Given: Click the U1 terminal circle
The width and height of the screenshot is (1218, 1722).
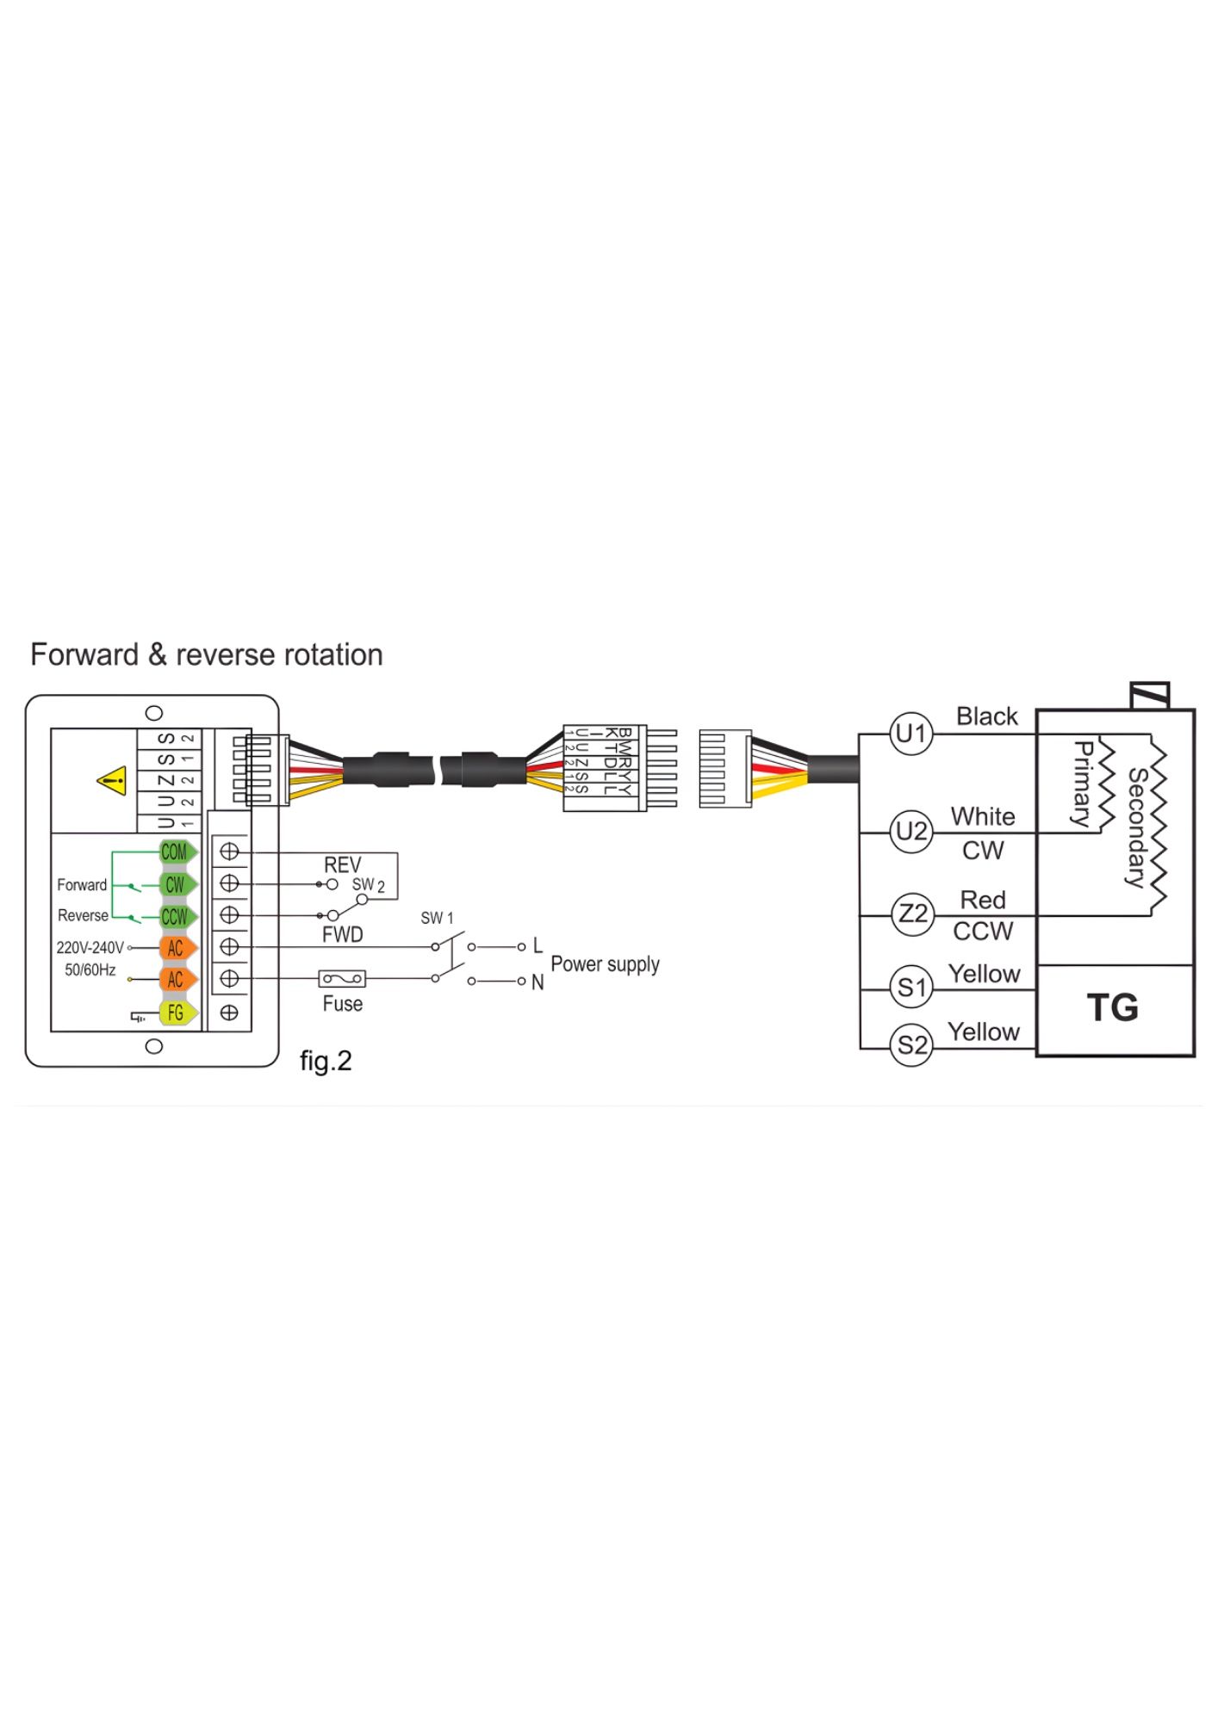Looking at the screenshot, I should pos(911,734).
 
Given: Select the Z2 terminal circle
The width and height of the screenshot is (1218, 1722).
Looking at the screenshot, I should pos(911,914).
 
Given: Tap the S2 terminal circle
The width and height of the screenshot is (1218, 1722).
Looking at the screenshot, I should pos(911,1045).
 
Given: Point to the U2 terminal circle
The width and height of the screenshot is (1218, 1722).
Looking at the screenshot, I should pos(911,832).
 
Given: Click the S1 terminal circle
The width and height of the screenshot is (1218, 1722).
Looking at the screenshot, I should pos(911,988).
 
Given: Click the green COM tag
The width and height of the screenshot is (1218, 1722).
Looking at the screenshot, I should pos(177,852).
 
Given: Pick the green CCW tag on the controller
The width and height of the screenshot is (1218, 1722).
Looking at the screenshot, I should pos(177,916).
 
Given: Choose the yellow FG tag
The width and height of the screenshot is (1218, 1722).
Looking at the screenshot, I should pos(177,1013).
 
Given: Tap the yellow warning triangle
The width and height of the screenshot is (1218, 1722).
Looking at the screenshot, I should pos(113,781).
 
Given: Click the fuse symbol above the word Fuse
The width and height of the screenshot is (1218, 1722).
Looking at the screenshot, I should pos(342,978).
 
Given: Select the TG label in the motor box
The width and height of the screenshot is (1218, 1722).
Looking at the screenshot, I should pos(1113,1007).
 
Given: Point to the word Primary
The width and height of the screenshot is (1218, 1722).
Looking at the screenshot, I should pos(1083,784).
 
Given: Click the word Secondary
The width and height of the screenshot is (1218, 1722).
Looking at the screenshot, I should pos(1137,827).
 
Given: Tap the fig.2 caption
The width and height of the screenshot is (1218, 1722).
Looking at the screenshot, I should pos(326,1061).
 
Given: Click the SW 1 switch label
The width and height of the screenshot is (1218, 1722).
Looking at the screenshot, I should pos(437,918).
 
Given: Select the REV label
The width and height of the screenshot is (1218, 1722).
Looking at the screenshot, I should pos(342,864).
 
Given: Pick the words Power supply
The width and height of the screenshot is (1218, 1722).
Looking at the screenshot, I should pos(605,964).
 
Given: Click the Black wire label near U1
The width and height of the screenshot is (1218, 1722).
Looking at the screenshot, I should pos(986,716).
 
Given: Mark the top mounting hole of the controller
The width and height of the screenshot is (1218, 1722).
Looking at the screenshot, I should pos(154,713).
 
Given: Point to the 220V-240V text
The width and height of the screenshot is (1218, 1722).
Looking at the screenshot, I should pos(90,948).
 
